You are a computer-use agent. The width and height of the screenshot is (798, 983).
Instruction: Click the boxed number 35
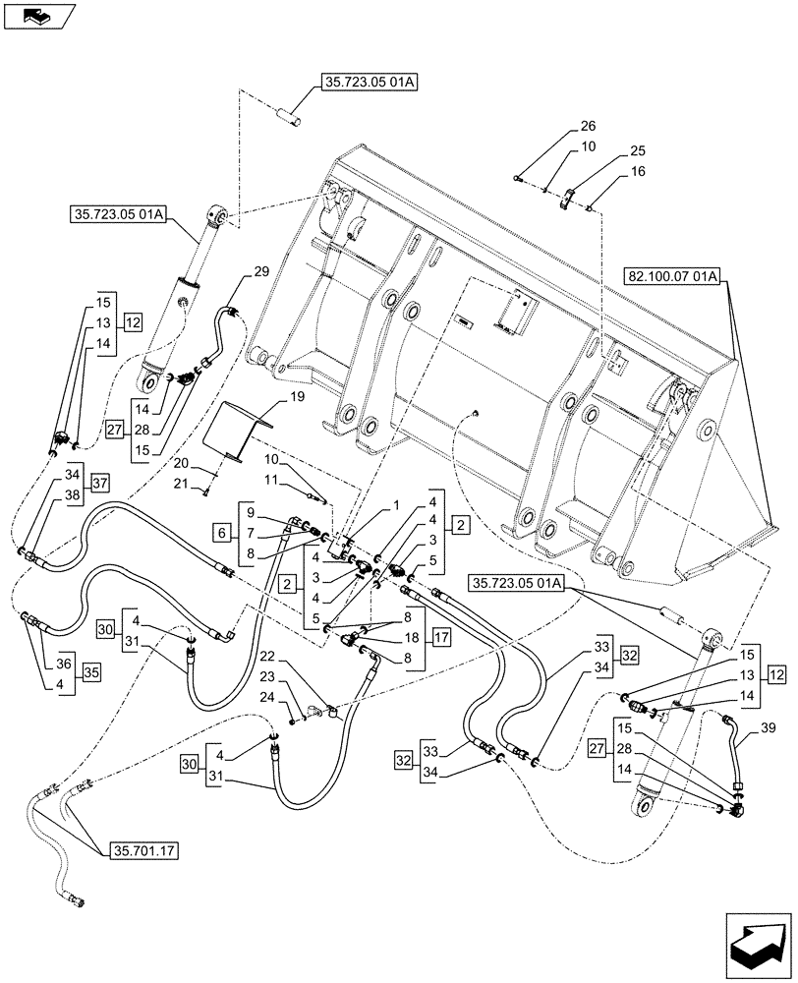tap(90, 673)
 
